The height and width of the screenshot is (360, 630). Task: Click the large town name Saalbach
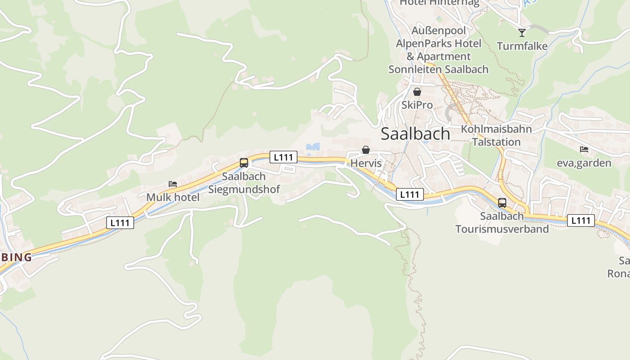pos(415,134)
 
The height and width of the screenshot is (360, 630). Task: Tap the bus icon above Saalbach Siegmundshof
pos(244,163)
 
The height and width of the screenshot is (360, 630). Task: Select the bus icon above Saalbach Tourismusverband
pos(502,203)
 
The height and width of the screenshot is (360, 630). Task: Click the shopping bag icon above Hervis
pos(366,150)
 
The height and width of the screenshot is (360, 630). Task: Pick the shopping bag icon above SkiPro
pos(417,92)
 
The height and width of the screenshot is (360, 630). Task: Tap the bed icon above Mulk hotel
pos(173,184)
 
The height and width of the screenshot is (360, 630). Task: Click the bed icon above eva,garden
pos(584,149)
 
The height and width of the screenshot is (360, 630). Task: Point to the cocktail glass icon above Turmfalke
pos(522,32)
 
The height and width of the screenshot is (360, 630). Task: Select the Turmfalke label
pos(522,46)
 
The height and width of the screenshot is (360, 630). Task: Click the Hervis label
pos(366,163)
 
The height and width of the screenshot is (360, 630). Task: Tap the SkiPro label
pos(417,105)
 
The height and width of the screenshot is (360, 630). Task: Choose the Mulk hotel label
pos(173,197)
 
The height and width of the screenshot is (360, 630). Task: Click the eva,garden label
pos(584,163)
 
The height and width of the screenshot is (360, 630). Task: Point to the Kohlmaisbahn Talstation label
pos(496,135)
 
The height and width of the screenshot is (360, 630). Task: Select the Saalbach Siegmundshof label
pos(244,183)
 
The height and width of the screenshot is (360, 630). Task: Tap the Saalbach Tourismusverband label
pos(502,222)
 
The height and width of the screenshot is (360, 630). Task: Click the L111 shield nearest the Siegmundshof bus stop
pos(283,157)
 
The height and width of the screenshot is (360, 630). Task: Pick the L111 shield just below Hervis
pos(410,194)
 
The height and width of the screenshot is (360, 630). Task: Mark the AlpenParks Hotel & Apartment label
pos(438,50)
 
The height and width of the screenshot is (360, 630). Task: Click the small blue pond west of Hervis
pos(313,147)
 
